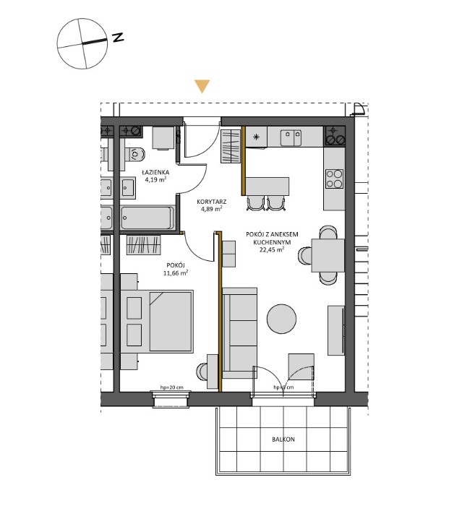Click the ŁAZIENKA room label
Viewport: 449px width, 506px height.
(x=155, y=172)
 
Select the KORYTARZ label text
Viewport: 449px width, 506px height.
(x=211, y=203)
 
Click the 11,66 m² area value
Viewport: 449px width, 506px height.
(x=175, y=273)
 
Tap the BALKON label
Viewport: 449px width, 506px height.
(x=283, y=439)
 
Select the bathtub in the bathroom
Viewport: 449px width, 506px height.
(x=147, y=216)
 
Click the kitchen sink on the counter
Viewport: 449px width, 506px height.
(x=292, y=134)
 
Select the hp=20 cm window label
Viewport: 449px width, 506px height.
(x=172, y=388)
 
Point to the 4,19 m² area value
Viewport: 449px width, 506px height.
(x=155, y=180)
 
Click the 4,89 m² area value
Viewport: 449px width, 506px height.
(x=211, y=211)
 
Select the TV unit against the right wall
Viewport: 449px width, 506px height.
(x=336, y=330)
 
